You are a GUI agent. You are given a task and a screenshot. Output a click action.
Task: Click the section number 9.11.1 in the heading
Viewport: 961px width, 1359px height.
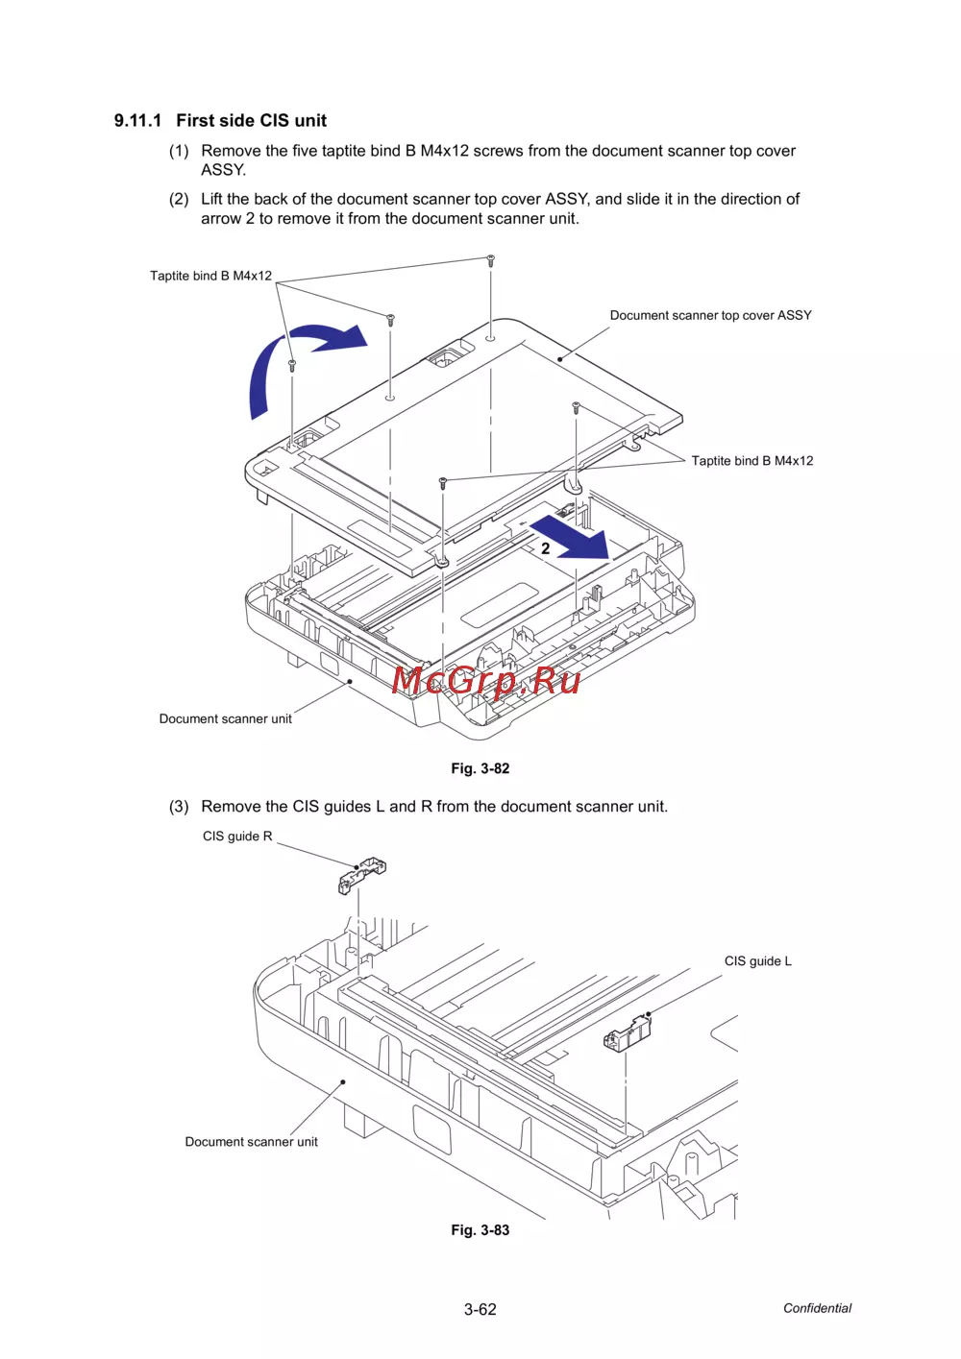tap(137, 121)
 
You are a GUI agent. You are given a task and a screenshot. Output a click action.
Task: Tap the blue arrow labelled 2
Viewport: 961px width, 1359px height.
tap(575, 538)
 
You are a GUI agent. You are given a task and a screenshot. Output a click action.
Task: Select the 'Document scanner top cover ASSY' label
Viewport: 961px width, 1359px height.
tap(710, 315)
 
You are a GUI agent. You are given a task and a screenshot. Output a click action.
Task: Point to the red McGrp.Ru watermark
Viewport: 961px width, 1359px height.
tap(486, 680)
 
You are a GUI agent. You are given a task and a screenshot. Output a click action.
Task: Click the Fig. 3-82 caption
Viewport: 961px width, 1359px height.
tap(480, 768)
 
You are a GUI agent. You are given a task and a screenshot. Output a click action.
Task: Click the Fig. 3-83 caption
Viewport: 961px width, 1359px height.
tap(480, 1230)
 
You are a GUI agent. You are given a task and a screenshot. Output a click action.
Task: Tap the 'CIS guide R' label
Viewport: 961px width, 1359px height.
tap(237, 837)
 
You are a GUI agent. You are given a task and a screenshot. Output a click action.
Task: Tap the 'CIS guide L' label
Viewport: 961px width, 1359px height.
tap(757, 961)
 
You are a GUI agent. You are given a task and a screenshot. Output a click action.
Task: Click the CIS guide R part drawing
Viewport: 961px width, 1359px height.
tap(361, 874)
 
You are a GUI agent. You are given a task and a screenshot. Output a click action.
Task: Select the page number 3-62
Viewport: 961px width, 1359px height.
tap(480, 1309)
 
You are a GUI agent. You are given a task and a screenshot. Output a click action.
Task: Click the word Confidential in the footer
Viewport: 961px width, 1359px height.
tap(817, 1308)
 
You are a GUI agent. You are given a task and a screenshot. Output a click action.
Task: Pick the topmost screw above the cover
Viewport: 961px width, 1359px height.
tap(490, 260)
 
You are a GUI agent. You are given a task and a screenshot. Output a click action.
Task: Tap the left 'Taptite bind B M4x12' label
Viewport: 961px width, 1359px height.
tap(210, 276)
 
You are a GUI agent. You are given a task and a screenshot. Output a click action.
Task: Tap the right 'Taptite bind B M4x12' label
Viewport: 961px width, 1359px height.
tap(752, 461)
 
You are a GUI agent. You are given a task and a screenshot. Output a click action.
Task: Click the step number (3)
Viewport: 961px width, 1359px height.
tap(179, 807)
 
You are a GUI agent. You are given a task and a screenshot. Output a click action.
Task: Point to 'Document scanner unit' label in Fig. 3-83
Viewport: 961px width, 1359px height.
tap(251, 1142)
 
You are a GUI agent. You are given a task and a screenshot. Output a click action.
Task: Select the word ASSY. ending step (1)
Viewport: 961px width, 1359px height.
tap(223, 170)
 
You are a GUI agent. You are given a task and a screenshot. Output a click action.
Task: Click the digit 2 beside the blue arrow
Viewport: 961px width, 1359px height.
tap(545, 548)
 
